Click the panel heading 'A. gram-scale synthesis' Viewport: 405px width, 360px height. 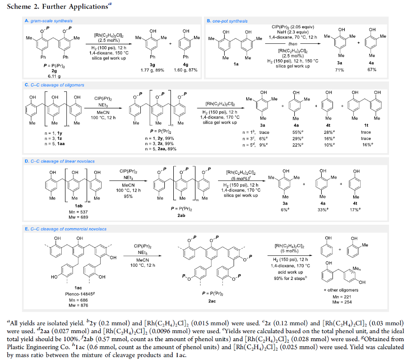point(49,21)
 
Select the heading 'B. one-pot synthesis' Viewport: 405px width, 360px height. point(227,21)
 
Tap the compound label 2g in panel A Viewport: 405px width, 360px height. point(54,71)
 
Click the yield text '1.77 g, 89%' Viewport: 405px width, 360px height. point(152,70)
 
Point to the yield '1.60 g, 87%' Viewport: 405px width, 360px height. point(186,70)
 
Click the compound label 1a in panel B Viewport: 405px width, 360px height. point(236,64)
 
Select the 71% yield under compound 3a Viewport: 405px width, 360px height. point(340,70)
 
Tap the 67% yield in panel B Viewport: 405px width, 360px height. point(372,70)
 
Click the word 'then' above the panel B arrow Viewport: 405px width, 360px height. point(292,44)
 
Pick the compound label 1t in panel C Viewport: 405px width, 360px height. point(366,125)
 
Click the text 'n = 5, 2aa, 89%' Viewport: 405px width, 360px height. point(161,149)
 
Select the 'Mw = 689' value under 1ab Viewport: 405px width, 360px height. point(78,217)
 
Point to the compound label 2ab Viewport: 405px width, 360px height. point(181,215)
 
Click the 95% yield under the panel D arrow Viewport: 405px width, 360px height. point(128,196)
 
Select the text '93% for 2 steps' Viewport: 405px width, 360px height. point(290,278)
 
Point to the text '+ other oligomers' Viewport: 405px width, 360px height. point(341,290)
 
